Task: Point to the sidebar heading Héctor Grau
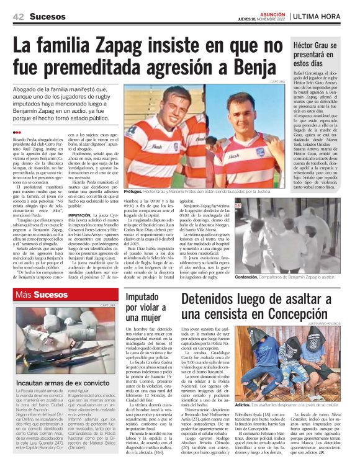coord(316,47)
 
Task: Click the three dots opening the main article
coord(16,133)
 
